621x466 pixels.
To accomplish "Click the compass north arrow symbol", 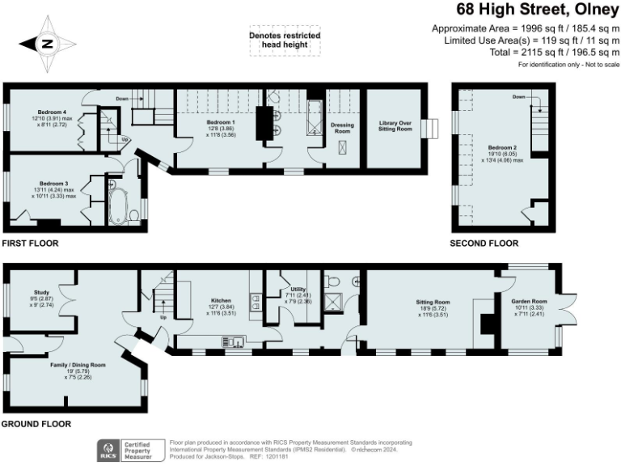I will pyautogui.click(x=46, y=44).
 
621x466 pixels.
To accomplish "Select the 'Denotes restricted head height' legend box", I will pyautogui.click(x=285, y=41).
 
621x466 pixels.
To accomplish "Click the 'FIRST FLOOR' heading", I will pyautogui.click(x=30, y=243).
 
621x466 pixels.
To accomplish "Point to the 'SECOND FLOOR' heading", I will pyautogui.click(x=484, y=243).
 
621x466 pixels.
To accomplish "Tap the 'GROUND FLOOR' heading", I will pyautogui.click(x=36, y=424).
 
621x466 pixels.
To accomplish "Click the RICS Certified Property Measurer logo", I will pyautogui.click(x=125, y=450).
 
